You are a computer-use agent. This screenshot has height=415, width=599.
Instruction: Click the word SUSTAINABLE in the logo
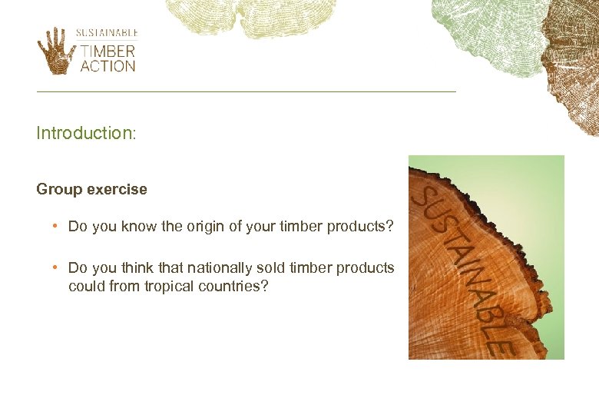coord(107,33)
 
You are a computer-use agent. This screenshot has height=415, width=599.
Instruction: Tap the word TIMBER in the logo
coord(108,51)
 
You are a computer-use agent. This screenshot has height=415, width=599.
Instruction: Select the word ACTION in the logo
coord(108,66)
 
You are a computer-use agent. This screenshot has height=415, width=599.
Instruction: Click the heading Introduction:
coord(86,133)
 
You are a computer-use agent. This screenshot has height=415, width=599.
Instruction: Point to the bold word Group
coord(57,189)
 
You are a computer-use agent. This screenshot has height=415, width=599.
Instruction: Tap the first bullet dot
coord(56,227)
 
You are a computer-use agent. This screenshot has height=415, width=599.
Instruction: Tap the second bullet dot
coord(56,267)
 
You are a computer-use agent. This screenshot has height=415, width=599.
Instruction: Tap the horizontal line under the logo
coord(246,92)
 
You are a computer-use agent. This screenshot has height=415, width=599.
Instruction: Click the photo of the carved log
coord(486,257)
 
